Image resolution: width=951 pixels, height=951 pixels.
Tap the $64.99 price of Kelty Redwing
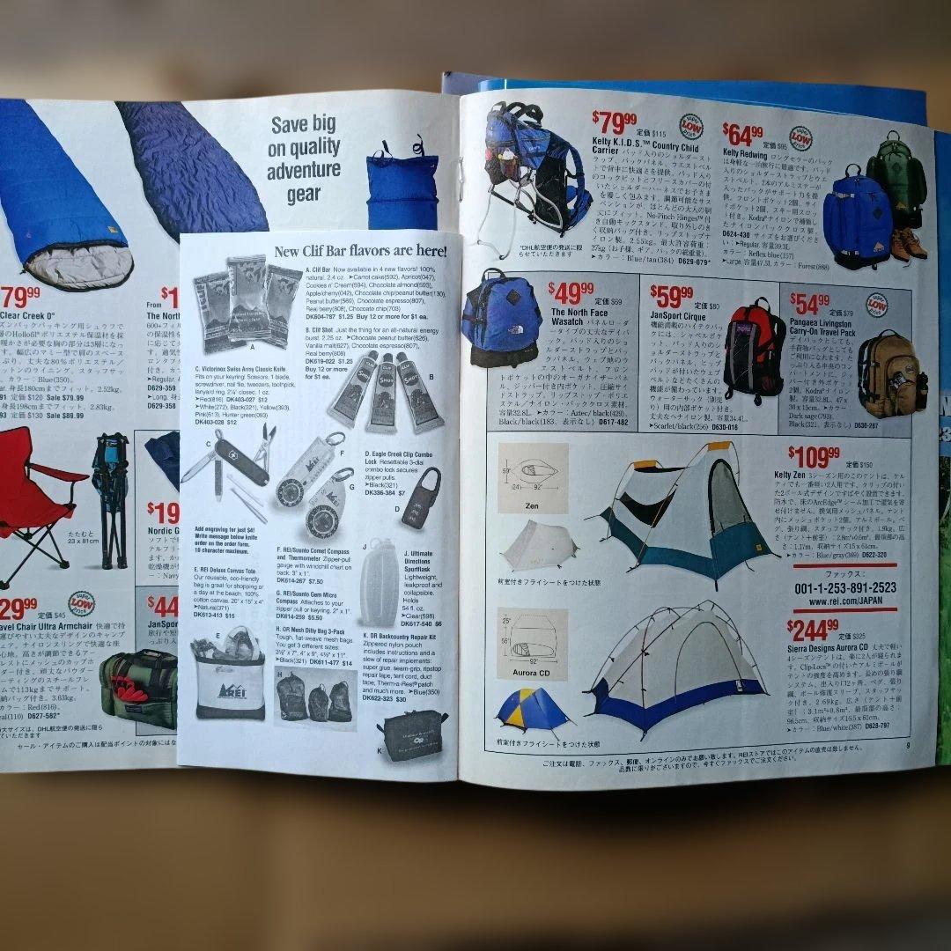coord(743,135)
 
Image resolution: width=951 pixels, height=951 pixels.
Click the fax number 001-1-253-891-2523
coord(845,588)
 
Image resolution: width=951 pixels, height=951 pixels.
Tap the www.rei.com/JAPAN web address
coord(844,602)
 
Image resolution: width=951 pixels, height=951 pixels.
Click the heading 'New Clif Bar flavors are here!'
coord(360,252)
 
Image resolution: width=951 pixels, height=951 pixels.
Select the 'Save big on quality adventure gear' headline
coord(304,159)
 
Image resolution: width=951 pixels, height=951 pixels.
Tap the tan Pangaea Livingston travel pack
coord(889,374)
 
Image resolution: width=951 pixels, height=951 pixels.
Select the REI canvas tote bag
coord(229,678)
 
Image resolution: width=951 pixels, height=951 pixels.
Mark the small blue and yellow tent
coord(530,710)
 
